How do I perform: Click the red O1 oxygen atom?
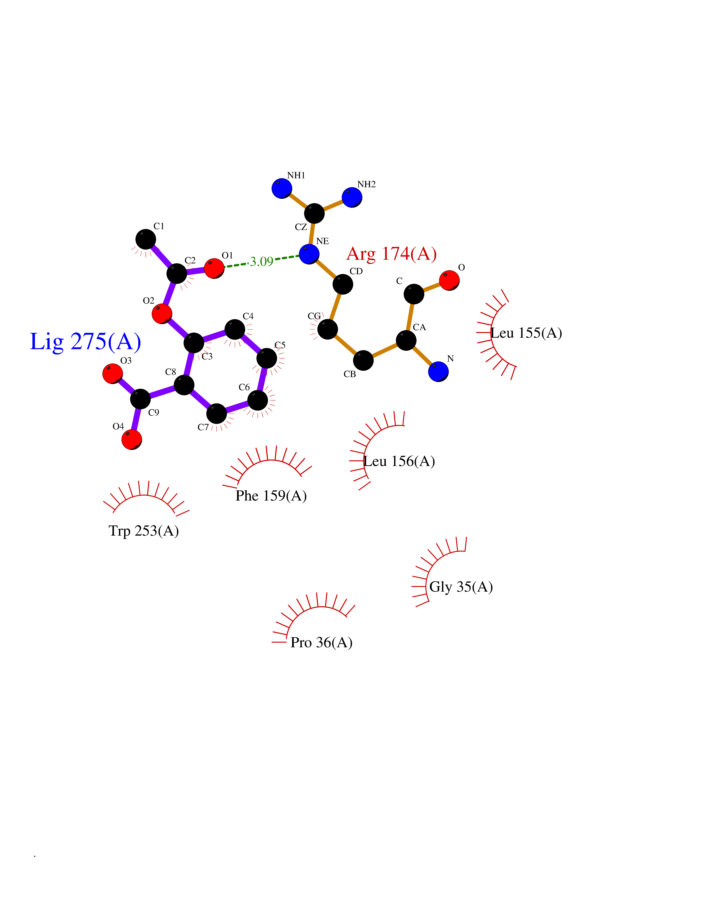click(214, 268)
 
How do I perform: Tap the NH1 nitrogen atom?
click(282, 188)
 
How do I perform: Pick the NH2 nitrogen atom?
click(352, 197)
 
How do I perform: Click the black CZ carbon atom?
click(314, 213)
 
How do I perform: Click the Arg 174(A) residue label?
click(392, 254)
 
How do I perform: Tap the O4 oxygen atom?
click(132, 439)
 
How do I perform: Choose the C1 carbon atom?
click(146, 239)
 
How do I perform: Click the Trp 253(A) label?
click(144, 531)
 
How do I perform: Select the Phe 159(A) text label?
click(271, 496)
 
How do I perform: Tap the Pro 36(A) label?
click(321, 642)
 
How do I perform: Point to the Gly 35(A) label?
click(461, 587)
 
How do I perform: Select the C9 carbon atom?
click(140, 399)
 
